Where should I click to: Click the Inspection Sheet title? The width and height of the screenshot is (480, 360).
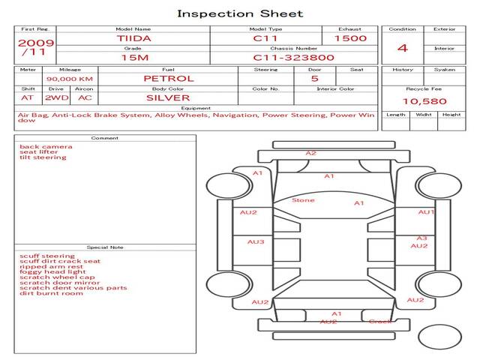click(240, 13)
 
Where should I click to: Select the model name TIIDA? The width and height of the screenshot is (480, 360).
click(133, 37)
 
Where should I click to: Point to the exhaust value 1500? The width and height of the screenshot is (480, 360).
click(350, 37)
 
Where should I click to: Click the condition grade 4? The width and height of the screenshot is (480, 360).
click(403, 47)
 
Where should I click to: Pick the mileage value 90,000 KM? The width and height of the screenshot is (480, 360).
click(69, 78)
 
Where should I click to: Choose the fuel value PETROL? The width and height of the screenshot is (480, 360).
click(168, 78)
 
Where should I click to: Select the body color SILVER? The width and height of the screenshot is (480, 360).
click(168, 97)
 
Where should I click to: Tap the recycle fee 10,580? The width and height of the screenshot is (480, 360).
click(424, 101)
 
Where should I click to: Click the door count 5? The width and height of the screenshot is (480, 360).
click(314, 78)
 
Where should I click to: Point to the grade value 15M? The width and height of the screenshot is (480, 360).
click(133, 57)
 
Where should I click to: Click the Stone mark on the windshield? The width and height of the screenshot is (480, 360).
click(303, 200)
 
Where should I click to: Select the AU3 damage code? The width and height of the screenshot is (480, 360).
click(256, 241)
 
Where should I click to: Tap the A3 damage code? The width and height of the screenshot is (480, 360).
click(421, 238)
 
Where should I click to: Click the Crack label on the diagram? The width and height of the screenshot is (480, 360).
click(380, 322)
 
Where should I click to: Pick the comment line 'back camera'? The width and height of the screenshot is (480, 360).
click(46, 146)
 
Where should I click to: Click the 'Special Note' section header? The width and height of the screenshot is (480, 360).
click(104, 247)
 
